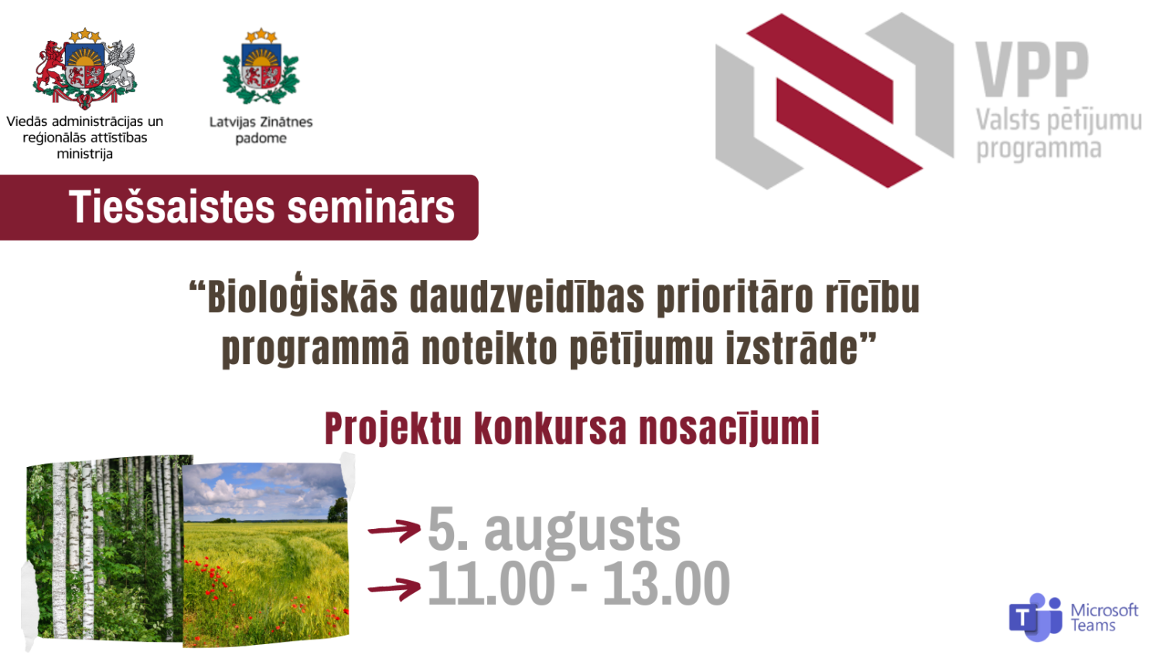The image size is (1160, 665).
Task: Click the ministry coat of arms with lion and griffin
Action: click(x=85, y=68)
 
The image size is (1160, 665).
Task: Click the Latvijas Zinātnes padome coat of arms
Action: click(x=261, y=68)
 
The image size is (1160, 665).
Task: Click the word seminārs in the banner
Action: click(x=370, y=207)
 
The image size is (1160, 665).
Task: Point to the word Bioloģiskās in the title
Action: click(x=302, y=297)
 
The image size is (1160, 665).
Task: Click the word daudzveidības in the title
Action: click(x=527, y=297)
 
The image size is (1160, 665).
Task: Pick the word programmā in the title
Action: click(x=316, y=349)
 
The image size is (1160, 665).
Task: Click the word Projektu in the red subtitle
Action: click(x=393, y=428)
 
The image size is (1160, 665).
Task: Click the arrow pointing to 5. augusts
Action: click(x=394, y=530)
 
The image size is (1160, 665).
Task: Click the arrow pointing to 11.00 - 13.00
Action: click(x=394, y=588)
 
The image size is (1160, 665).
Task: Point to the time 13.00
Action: click(x=666, y=584)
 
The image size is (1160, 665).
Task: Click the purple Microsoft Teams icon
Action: click(x=1035, y=617)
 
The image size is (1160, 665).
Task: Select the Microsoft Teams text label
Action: click(x=1104, y=618)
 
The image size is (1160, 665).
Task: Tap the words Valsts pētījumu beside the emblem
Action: click(x=1058, y=121)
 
